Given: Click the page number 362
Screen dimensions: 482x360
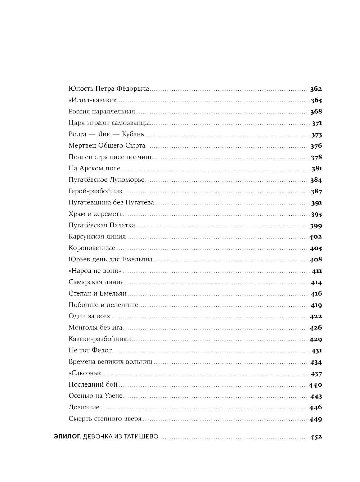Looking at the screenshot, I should pos(316,89).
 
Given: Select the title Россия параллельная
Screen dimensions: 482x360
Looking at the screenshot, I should pos(102,112).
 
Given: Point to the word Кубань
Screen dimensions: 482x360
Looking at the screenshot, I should pos(133,134).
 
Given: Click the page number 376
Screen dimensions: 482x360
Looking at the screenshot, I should pos(316,146).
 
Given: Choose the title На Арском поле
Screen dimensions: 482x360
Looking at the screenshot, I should pos(94,168).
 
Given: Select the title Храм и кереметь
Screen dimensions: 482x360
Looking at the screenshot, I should pos(96,214).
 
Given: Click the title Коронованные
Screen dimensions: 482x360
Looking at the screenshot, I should pos(92,248).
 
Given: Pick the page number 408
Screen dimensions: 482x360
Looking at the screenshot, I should pos(316,260).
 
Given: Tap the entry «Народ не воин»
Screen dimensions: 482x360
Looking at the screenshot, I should pos(95,271).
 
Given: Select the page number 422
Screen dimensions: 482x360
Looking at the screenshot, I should pos(316,316).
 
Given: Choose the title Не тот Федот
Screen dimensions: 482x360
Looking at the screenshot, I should pos(90,350).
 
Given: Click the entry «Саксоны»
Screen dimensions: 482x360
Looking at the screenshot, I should pos(85,373).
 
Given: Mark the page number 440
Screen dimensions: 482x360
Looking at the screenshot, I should pos(316,385).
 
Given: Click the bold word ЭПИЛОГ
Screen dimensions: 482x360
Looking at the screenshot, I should pos(67,437).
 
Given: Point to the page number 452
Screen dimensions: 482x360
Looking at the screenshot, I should pos(316,437).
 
